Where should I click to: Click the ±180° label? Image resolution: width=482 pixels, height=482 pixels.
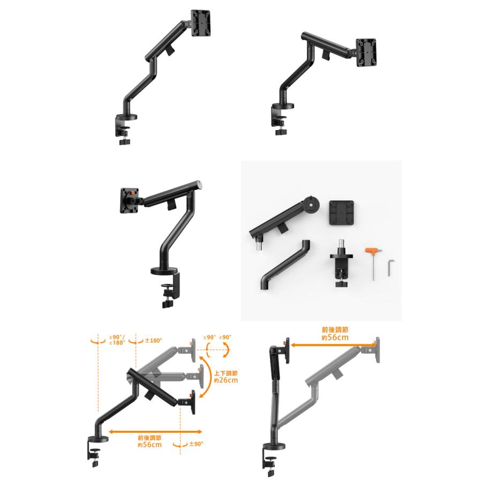[x=153, y=340]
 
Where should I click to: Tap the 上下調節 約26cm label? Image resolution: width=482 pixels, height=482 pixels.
[x=225, y=376]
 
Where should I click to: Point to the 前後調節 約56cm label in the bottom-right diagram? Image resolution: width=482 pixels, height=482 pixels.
[x=335, y=334]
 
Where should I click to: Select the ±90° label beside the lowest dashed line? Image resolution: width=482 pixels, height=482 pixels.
[x=195, y=444]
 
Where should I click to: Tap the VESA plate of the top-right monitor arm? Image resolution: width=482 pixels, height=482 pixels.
[x=367, y=52]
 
